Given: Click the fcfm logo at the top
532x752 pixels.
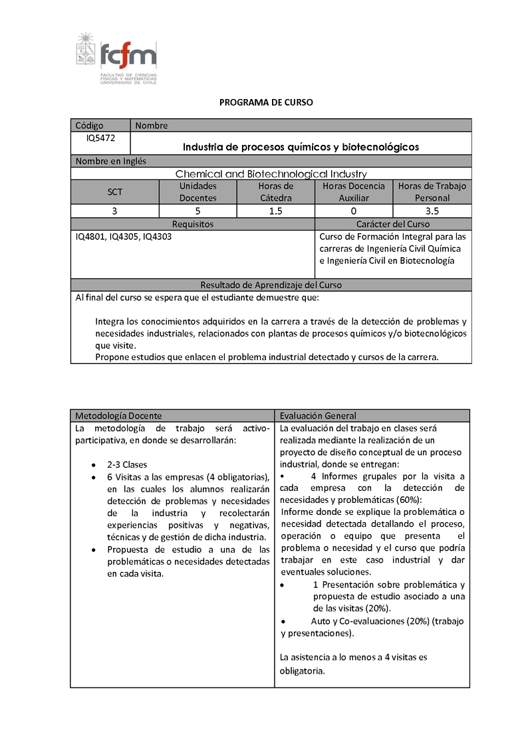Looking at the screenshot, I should [x=117, y=58].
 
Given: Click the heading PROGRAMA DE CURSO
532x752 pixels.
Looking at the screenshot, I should [x=266, y=102].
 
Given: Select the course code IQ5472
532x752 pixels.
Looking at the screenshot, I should [x=100, y=138].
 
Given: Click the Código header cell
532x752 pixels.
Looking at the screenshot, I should [x=90, y=126].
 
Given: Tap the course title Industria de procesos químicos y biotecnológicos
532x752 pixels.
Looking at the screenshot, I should [x=301, y=147].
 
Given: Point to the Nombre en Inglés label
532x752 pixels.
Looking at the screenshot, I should [x=111, y=161].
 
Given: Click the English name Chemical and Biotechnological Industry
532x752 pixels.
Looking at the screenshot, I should [x=271, y=174].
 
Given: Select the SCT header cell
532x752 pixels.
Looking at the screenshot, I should [x=115, y=192].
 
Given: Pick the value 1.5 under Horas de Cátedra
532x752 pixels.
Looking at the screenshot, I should [x=276, y=211].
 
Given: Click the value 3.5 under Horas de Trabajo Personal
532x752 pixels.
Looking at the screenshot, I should [x=432, y=211].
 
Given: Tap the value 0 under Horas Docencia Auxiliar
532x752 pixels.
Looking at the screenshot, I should [x=354, y=211].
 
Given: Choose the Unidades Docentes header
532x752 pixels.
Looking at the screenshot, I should [x=198, y=192].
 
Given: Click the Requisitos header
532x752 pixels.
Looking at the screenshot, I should [x=193, y=225].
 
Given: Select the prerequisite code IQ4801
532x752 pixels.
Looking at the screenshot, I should [x=90, y=236].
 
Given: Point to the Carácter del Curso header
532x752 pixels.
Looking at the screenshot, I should [x=393, y=225].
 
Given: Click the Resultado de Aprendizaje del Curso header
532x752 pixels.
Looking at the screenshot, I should [x=271, y=285].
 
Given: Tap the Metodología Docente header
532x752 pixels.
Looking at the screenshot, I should [x=118, y=416].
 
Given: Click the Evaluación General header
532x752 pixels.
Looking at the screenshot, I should [x=318, y=416].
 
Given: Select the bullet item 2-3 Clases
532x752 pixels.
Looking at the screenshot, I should [x=127, y=464].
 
